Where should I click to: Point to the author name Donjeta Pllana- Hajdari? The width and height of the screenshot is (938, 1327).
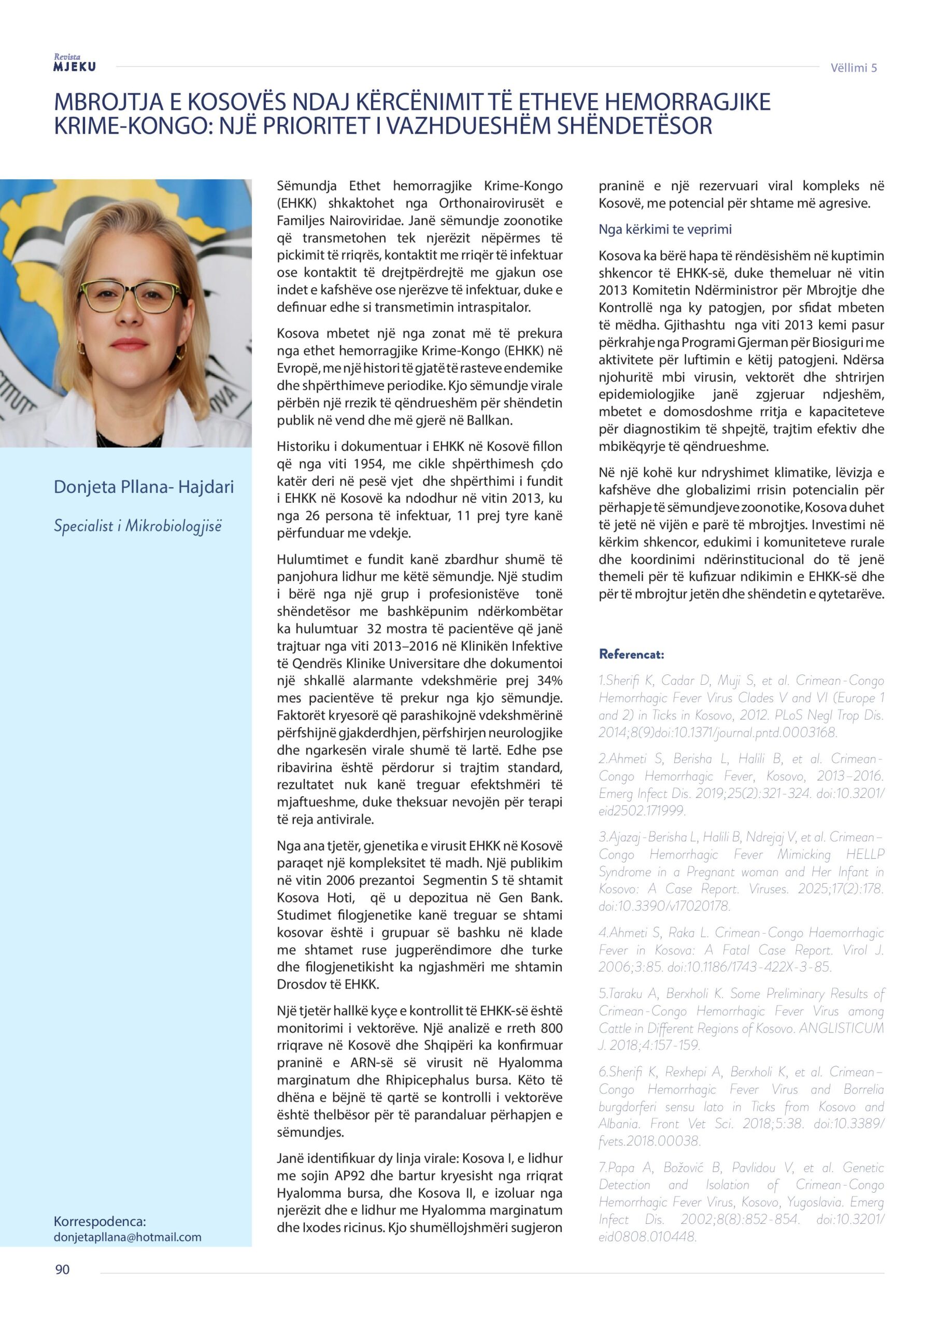coord(144,487)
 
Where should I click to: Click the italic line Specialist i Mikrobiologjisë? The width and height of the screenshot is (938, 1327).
coord(137,526)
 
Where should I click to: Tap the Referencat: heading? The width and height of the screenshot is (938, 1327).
coord(632,654)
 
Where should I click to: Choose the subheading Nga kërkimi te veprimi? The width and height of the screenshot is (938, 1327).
coord(665,230)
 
